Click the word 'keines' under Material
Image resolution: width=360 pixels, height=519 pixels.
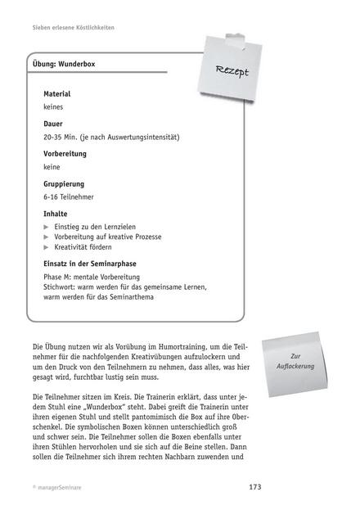[54, 106]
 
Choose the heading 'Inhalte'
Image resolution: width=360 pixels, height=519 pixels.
[55, 214]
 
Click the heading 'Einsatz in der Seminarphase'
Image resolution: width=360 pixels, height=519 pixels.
[89, 264]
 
